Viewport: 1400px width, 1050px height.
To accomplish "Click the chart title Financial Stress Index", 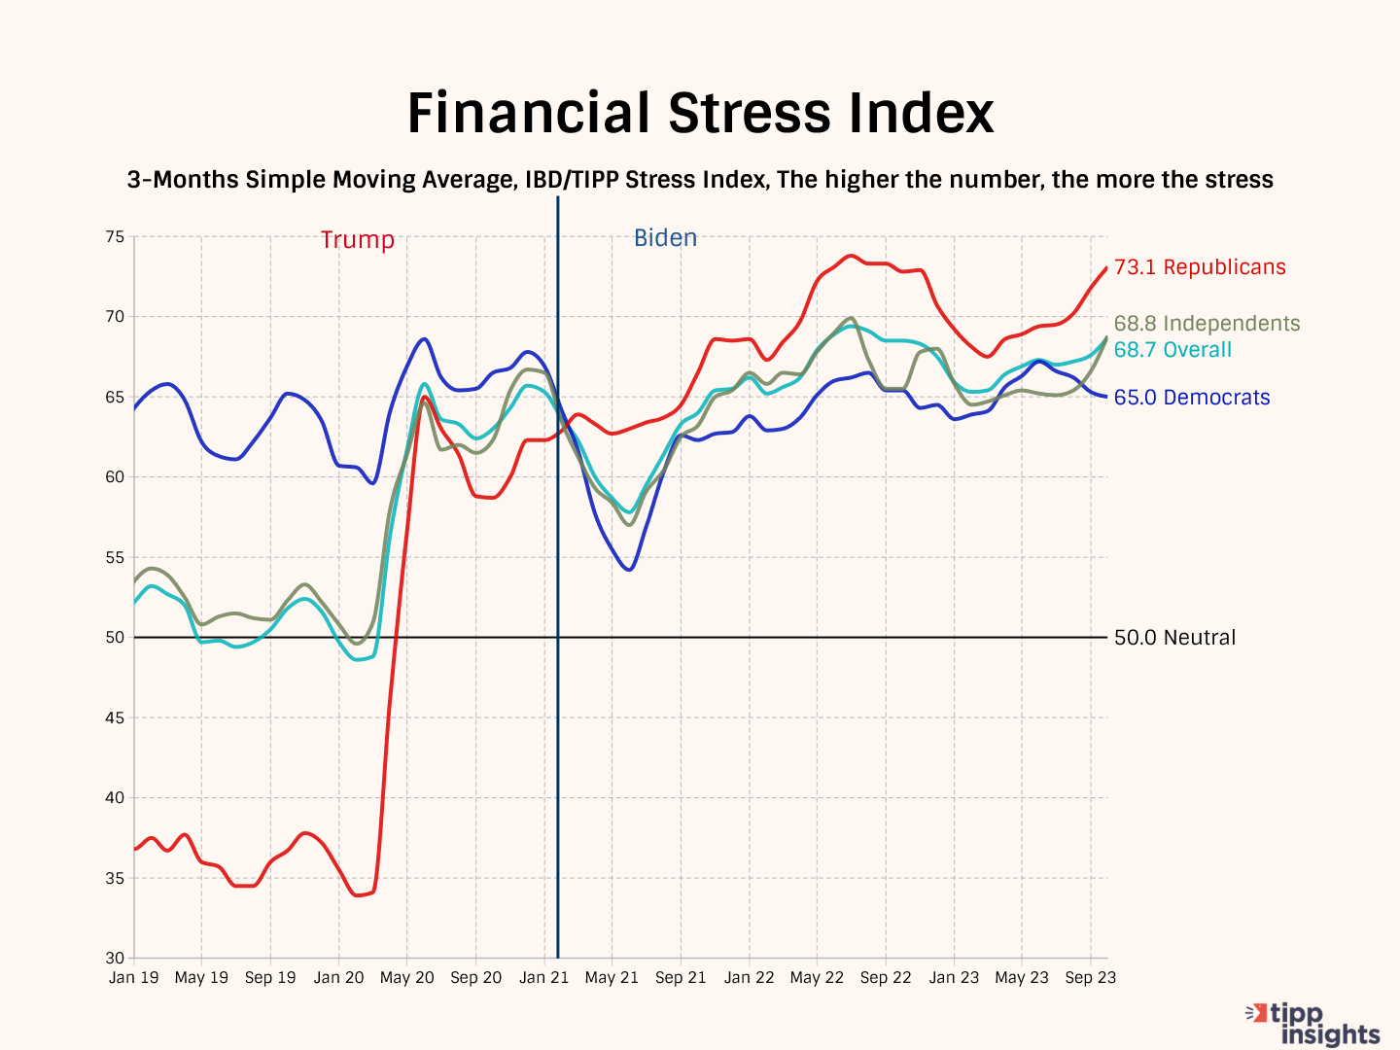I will pos(700,113).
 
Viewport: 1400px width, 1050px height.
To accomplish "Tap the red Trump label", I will pos(358,240).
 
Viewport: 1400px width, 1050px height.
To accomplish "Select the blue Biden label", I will pos(665,238).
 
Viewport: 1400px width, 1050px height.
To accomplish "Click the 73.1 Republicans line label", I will pos(1200,267).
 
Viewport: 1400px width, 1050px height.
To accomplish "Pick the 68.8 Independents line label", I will pos(1207,324).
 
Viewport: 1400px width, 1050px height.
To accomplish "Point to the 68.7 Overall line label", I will pos(1172,350).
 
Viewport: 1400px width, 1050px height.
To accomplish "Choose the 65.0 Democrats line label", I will pos(1192,398).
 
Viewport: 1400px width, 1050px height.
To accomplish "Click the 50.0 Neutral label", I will pos(1174,638).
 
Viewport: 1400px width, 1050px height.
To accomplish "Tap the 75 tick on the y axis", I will pos(115,236).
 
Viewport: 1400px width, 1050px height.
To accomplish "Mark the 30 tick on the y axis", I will pos(115,958).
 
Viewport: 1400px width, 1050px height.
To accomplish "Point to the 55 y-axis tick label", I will pos(115,557).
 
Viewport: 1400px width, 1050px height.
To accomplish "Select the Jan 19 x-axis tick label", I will pos(134,977).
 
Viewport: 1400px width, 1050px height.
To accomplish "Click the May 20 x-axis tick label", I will pos(407,977).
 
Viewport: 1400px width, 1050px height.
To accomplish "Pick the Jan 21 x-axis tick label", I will pos(543,977).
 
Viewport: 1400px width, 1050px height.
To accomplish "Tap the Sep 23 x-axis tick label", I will pos(1091,977).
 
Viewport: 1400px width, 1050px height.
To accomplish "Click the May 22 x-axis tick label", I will pos(817,977).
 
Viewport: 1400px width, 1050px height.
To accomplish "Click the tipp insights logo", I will pos(1314,1024).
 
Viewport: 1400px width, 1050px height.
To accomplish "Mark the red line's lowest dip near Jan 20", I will pos(359,894).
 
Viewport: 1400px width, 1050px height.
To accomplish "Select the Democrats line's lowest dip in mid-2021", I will pos(629,570).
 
